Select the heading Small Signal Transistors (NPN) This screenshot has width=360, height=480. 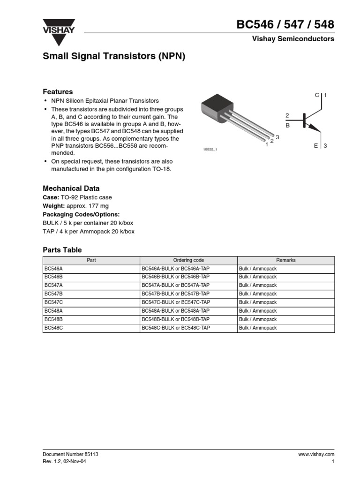click(114, 57)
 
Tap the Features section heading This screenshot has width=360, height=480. click(58, 92)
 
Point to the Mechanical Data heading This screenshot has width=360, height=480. click(71, 188)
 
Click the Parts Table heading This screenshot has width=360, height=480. click(62, 250)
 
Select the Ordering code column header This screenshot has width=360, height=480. click(188, 260)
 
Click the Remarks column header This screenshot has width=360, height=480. click(285, 260)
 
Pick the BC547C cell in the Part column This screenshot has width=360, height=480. click(53, 302)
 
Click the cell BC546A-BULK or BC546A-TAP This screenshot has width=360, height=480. click(176, 269)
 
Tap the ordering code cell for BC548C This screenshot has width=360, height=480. click(176, 328)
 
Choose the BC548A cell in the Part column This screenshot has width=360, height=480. click(53, 311)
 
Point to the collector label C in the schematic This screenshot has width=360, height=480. click(317, 95)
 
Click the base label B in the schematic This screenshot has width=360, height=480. click(287, 126)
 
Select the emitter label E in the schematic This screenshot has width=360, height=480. click(316, 146)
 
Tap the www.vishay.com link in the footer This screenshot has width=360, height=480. click(316, 454)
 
